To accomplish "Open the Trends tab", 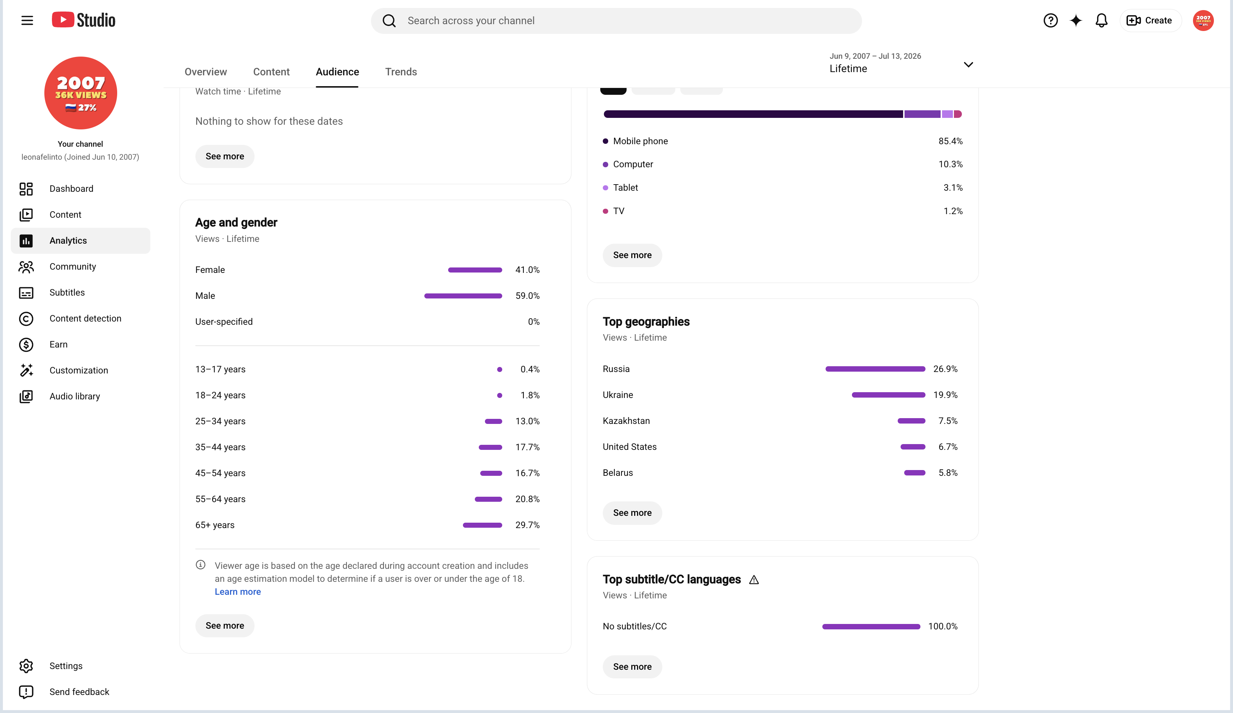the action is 401,72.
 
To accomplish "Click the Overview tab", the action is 205,72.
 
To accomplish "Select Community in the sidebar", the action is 72,266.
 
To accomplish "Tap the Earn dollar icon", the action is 26,345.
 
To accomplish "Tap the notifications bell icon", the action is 1101,21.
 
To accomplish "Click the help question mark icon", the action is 1051,21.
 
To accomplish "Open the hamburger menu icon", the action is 27,21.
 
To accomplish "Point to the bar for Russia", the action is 875,369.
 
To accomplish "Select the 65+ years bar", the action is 482,525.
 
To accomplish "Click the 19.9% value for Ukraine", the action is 945,395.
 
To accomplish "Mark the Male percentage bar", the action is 463,296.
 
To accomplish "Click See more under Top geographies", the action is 632,513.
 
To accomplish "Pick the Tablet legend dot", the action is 605,188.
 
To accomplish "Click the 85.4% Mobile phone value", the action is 950,141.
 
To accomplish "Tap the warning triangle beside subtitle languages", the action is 754,580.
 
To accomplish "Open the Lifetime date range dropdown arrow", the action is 968,65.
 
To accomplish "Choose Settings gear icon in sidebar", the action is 26,666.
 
